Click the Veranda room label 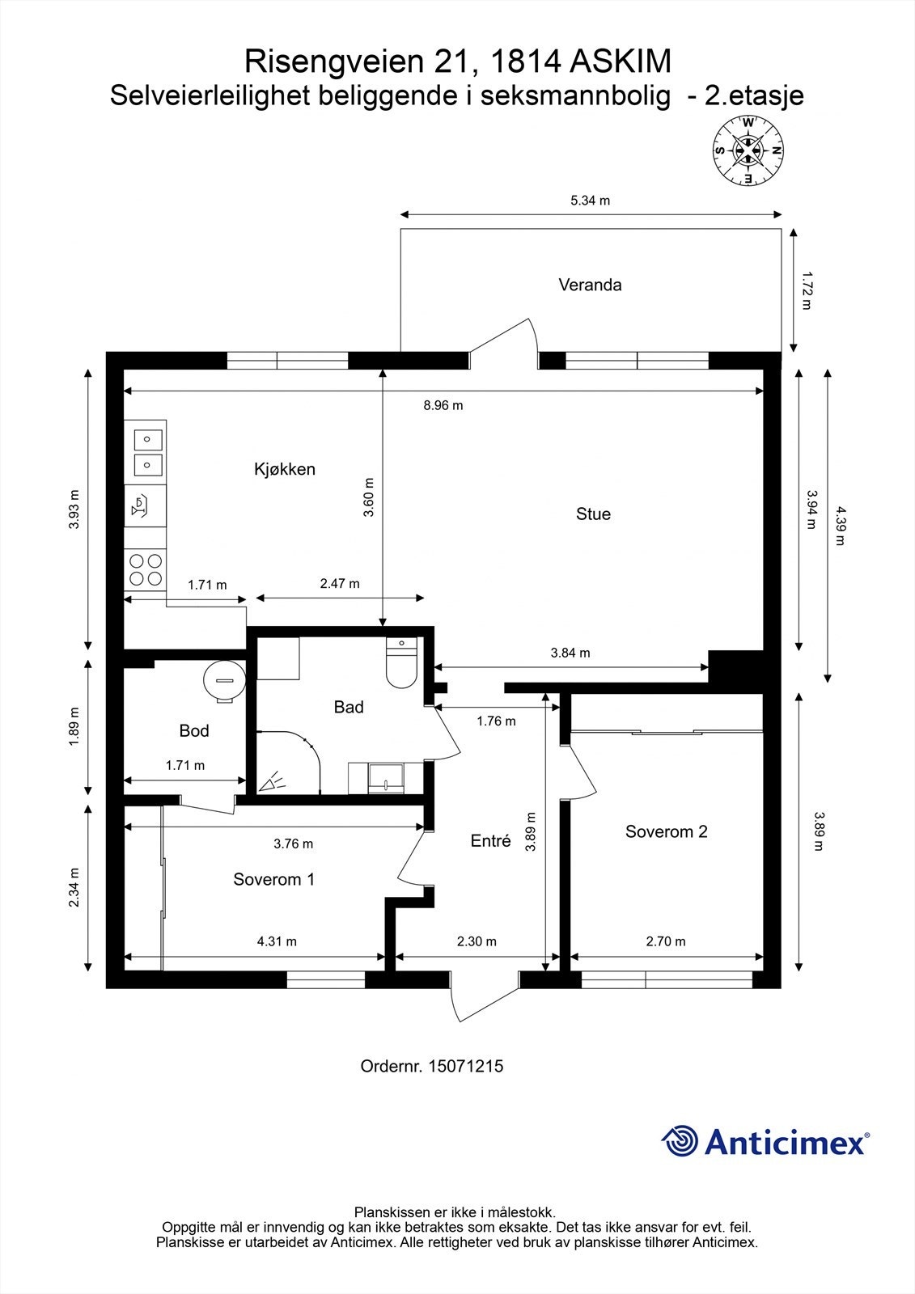coord(590,285)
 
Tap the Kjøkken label coord(285,468)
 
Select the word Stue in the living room coord(593,514)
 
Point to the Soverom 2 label coord(666,831)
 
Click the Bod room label coord(193,731)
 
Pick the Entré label coord(491,840)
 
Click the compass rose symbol coord(748,150)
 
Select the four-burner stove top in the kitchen coord(146,569)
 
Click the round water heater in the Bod coord(224,682)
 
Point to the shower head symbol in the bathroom coord(273,781)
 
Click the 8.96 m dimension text coord(443,405)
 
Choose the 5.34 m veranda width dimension coord(590,201)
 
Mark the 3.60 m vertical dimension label coord(368,497)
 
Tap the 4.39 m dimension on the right coord(840,526)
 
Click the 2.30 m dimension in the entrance coord(477,941)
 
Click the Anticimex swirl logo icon coord(679,1140)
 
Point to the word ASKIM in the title coord(621,61)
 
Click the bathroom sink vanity coord(385,778)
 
